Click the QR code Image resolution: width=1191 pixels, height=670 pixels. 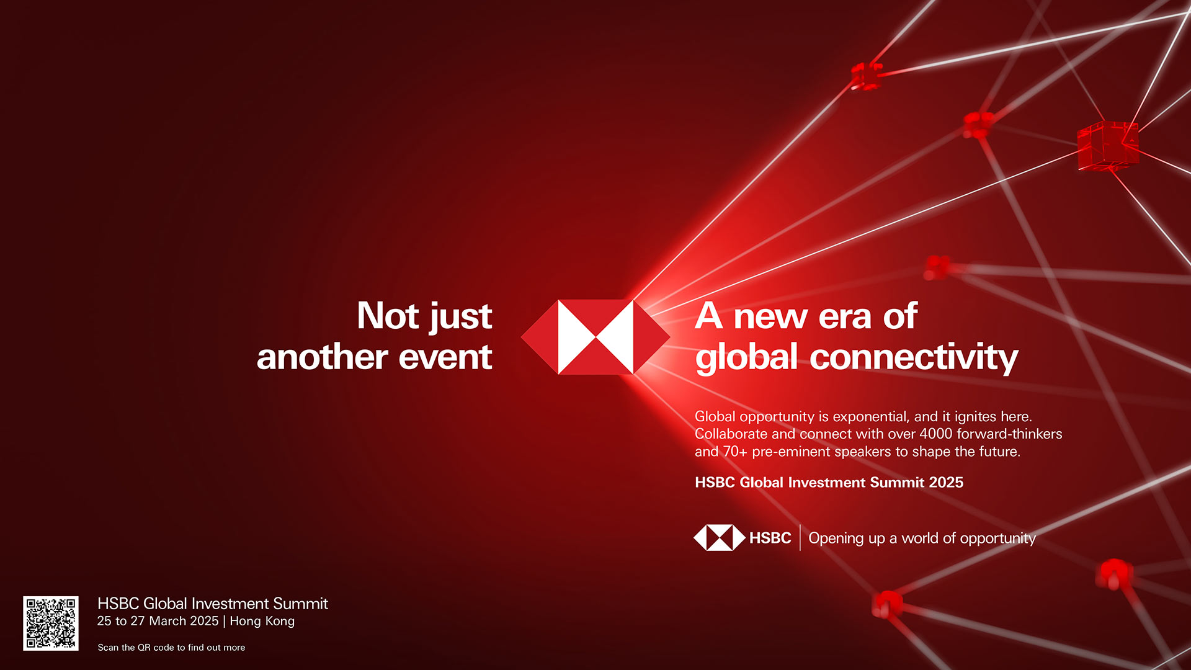(51, 623)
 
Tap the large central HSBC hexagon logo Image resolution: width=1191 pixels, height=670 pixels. (595, 337)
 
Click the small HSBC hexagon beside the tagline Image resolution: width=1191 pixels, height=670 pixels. (720, 538)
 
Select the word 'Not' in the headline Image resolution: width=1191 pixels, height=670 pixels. (388, 316)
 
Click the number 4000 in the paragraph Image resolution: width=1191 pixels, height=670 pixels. (935, 434)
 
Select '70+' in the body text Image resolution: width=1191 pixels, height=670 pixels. (735, 452)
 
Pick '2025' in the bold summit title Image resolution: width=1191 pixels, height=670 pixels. (946, 483)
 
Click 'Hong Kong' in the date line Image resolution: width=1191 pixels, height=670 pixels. (262, 621)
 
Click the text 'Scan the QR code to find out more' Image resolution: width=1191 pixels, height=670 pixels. (171, 648)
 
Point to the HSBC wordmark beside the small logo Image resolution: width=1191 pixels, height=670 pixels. (770, 538)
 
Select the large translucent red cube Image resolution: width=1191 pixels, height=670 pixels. (1108, 146)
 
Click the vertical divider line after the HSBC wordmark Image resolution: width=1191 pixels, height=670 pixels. (800, 538)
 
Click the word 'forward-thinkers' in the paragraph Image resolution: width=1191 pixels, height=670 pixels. (1009, 434)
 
